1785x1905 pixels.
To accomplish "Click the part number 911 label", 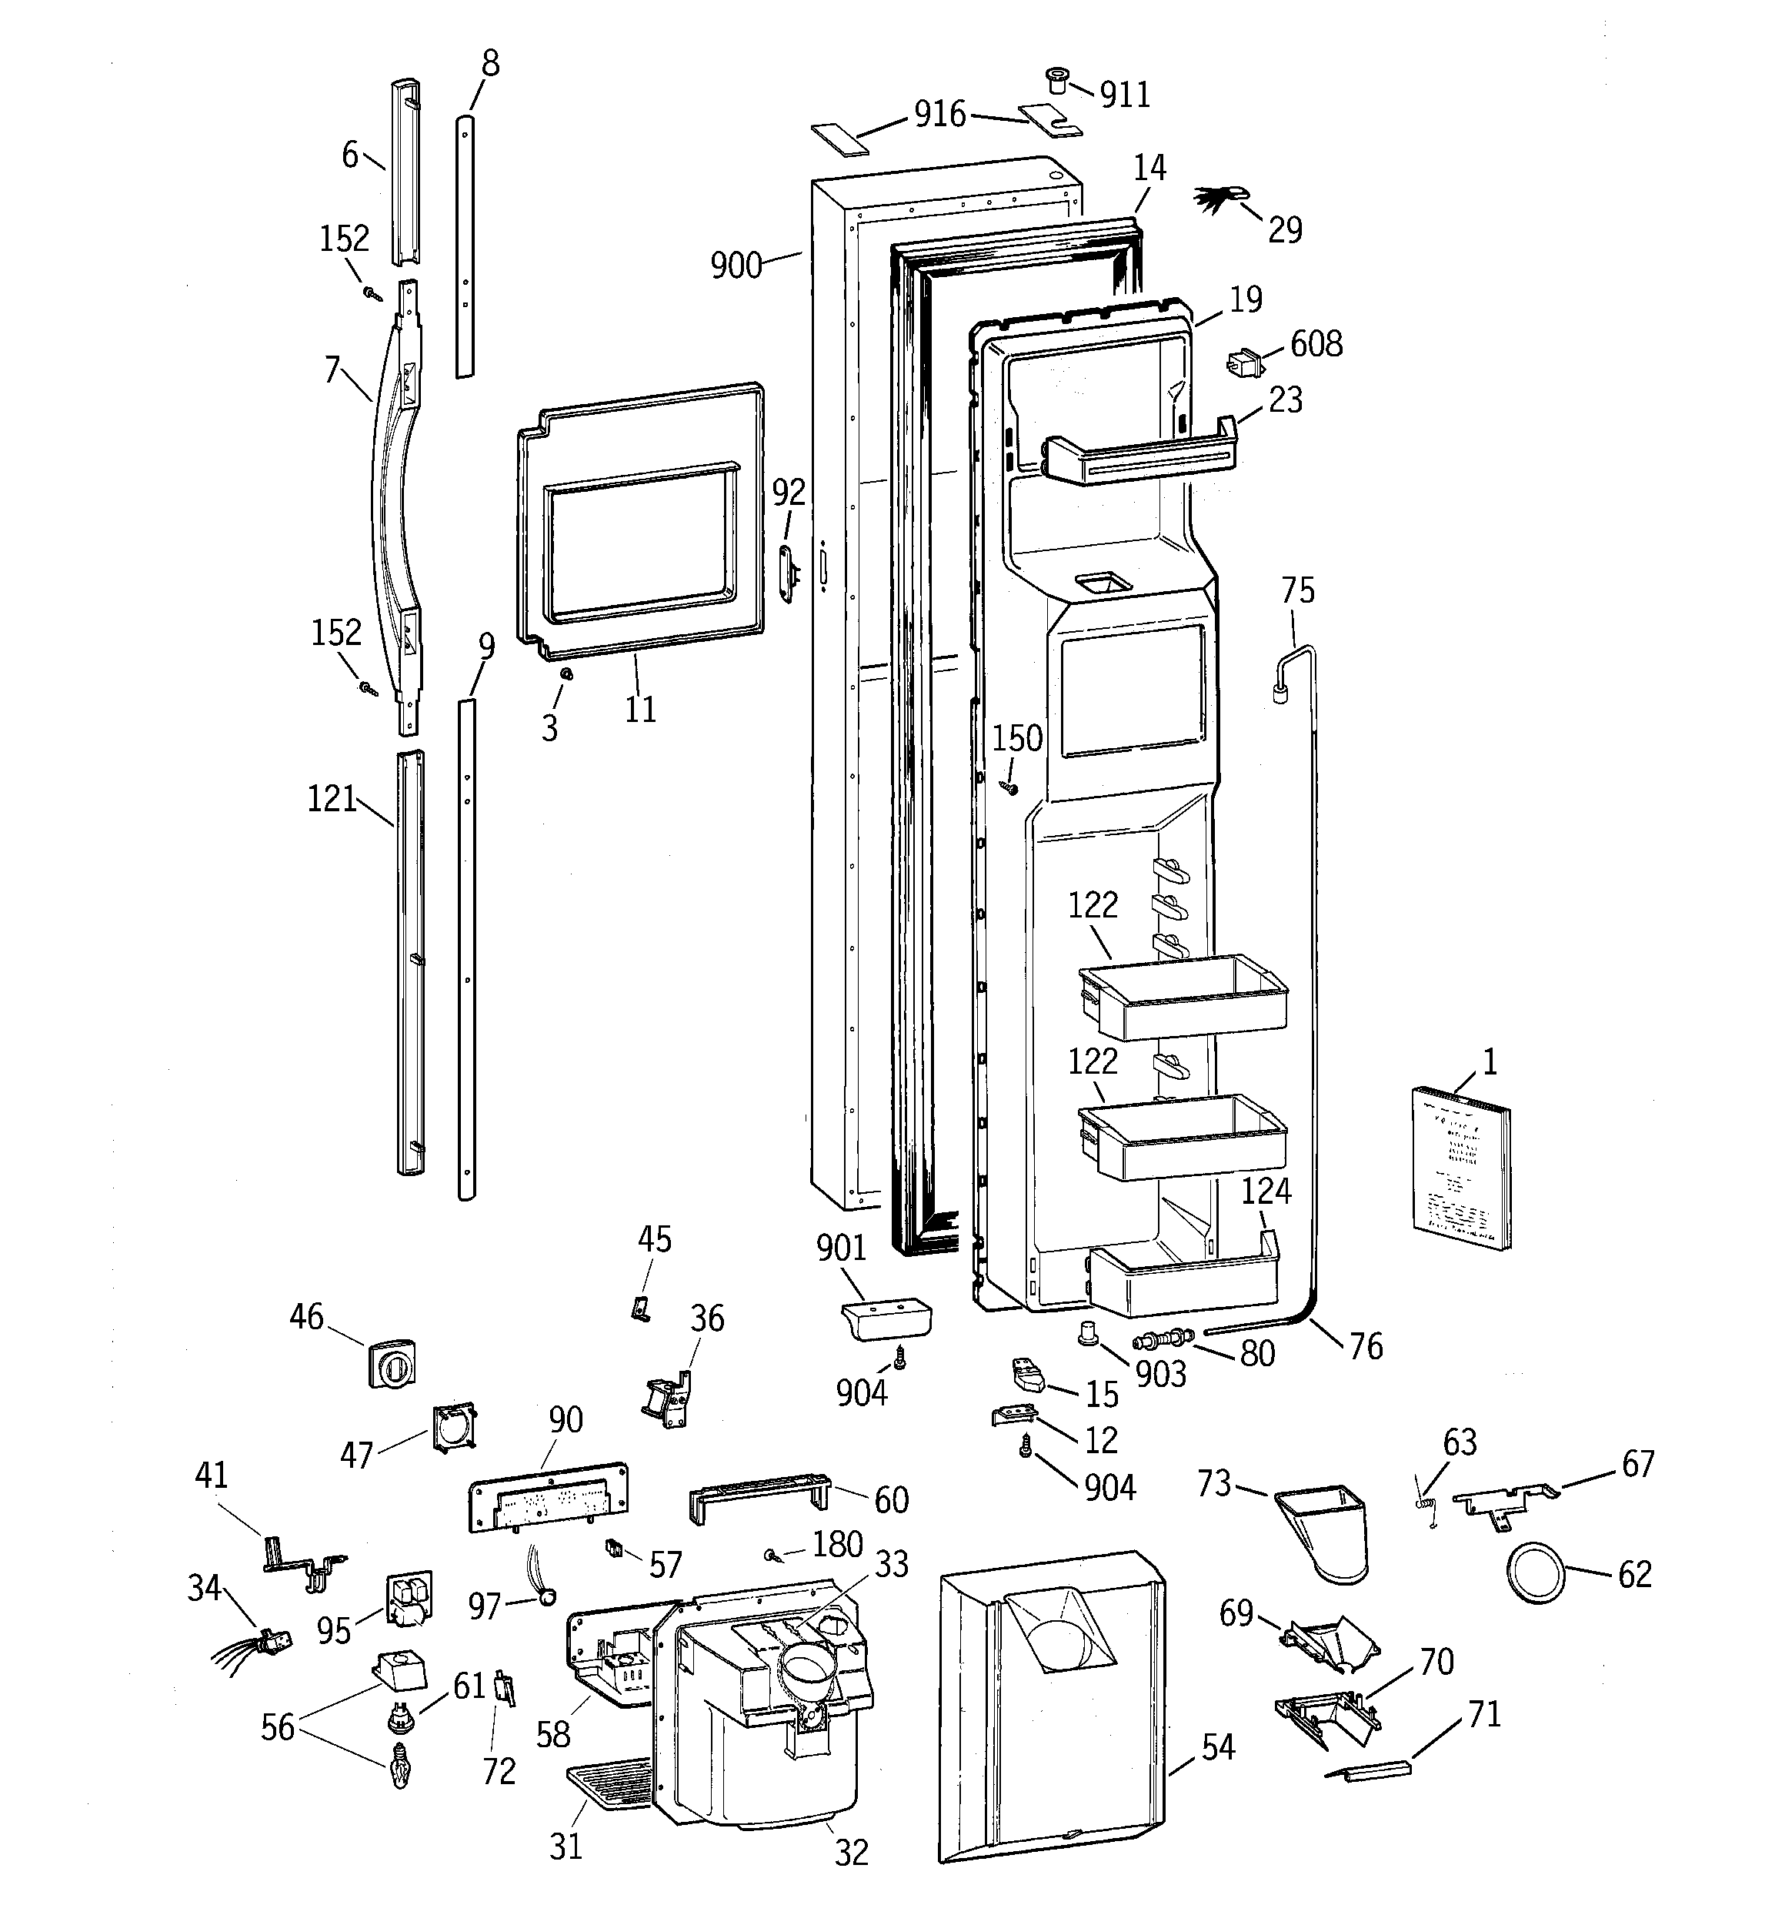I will (1124, 94).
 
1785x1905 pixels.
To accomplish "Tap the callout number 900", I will (736, 266).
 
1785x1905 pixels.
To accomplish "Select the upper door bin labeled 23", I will (1140, 453).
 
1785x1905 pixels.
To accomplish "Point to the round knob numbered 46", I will (391, 1362).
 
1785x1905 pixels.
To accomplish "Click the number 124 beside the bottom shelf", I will (1266, 1191).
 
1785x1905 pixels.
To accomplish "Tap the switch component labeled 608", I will (1243, 364).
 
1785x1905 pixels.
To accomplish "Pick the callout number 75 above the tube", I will (1297, 590).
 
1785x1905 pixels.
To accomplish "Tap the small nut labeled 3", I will (566, 674).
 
